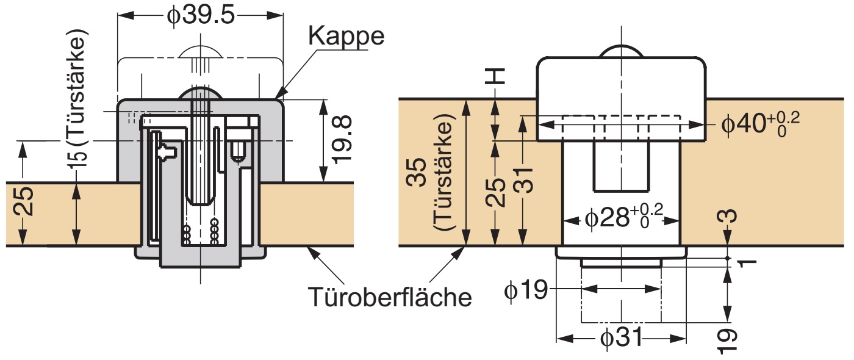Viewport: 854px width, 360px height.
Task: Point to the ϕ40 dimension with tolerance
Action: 759,124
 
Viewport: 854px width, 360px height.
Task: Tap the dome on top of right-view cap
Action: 622,52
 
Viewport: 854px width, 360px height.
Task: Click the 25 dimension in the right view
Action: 498,193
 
